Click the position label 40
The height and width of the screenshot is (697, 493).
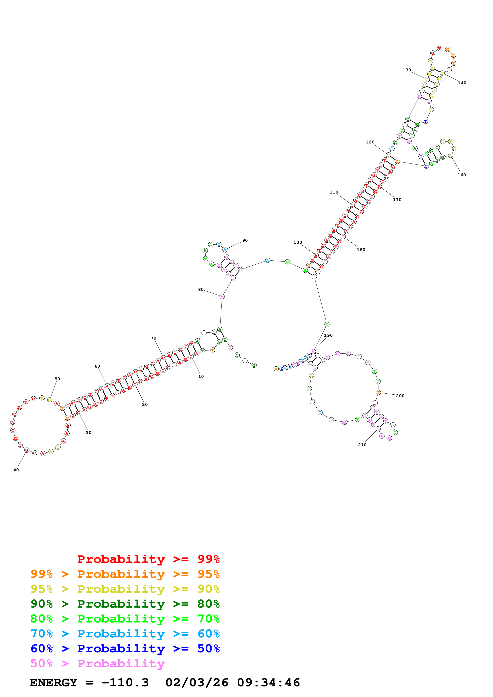tap(16, 470)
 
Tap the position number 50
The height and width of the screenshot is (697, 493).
tap(57, 379)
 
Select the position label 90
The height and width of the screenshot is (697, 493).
tap(245, 240)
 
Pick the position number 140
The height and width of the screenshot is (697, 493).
tap(462, 83)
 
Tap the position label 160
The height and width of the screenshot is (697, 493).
tap(461, 175)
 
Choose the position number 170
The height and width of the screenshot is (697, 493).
tap(397, 200)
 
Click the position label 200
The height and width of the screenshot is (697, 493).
tap(400, 396)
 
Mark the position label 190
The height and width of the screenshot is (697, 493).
tap(328, 335)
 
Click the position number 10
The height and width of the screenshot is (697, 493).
tap(201, 377)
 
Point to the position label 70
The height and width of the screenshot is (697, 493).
tap(153, 338)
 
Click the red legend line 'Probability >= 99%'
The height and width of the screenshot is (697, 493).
tap(148, 559)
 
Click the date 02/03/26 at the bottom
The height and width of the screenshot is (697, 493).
tap(197, 683)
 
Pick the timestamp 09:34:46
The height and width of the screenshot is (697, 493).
tap(268, 683)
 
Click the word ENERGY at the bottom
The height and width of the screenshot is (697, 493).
tap(53, 683)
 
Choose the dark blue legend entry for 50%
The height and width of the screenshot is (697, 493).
tap(125, 649)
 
